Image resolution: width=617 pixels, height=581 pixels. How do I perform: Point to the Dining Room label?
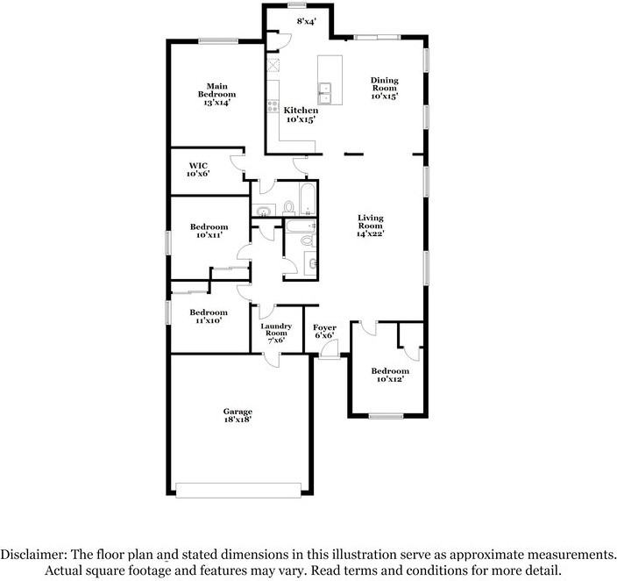384,89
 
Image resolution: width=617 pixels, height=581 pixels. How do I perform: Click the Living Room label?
371,226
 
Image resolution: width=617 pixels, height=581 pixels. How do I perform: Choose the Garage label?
238,416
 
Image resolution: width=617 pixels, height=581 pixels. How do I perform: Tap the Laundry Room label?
276,334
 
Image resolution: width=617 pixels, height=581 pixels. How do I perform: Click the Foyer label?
325,332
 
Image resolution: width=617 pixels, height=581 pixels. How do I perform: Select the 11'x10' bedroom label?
209,317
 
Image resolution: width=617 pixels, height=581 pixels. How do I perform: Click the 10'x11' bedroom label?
209,231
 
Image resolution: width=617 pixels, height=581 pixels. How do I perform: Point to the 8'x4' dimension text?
306,20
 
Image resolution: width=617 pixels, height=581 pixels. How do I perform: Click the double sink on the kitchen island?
325,92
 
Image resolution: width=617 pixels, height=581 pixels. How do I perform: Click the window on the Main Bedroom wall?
218,39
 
